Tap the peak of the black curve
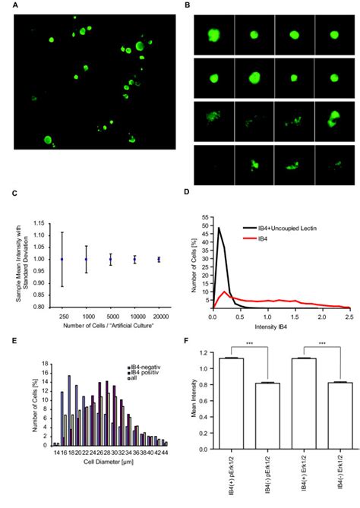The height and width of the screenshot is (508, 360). [x=219, y=228]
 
